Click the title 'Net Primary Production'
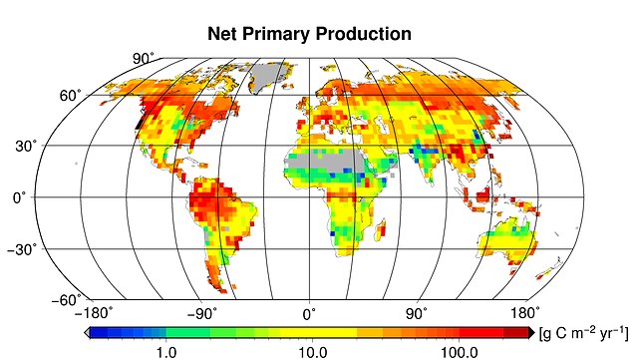point(309,33)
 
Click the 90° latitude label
point(144,58)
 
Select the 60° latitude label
point(68,96)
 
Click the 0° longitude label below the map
point(310,313)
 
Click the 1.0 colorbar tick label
point(166,351)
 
